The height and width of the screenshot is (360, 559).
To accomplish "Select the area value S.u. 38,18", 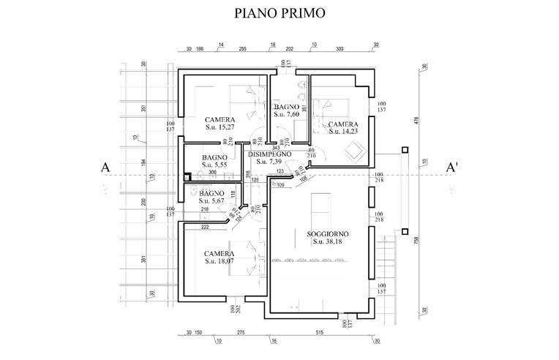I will tap(328, 241).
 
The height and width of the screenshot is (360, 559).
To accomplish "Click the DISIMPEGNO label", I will tap(270, 154).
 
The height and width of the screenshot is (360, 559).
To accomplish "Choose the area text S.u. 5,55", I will tap(215, 166).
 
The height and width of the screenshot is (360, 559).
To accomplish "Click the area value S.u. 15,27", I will tap(220, 128).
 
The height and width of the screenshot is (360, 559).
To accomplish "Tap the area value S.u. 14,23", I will tap(343, 132).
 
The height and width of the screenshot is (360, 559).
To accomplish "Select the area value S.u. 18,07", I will tap(220, 261).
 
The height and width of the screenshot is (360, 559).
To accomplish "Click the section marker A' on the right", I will tap(452, 168).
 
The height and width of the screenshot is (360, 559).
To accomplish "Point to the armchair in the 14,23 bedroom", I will tap(356, 151).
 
